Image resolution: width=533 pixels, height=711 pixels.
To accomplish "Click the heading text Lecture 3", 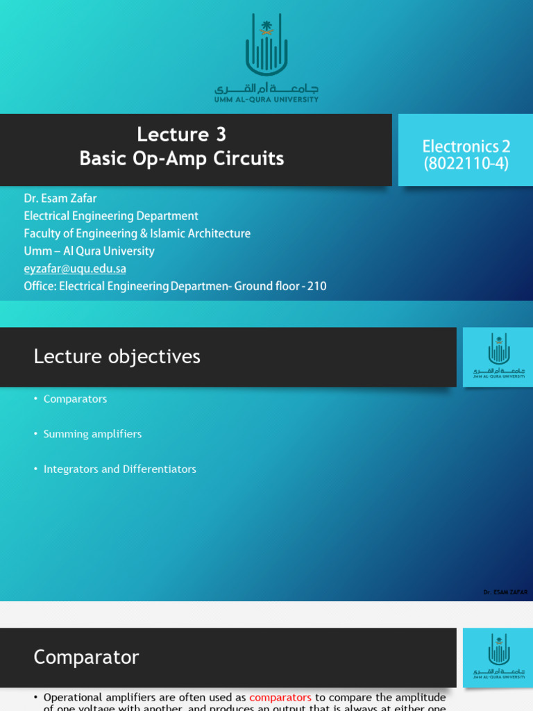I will [x=182, y=134].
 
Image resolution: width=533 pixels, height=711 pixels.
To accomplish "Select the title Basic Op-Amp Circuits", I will [x=182, y=159].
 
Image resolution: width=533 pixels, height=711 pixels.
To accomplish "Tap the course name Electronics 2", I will [x=466, y=146].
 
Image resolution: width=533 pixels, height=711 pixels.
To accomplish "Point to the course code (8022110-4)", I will [x=466, y=164].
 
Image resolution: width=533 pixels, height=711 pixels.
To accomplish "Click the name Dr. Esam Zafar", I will [x=60, y=199].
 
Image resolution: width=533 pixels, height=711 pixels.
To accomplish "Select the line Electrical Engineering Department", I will [x=111, y=216].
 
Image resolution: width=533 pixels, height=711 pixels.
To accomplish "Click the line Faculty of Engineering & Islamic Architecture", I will [x=137, y=233].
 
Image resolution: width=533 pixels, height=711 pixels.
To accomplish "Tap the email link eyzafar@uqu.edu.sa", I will [x=75, y=268].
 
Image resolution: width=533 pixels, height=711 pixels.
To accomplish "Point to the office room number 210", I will [x=316, y=286].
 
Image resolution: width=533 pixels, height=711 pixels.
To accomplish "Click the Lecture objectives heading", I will [x=117, y=357].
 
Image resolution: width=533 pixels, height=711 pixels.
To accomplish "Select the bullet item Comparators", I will [x=75, y=399].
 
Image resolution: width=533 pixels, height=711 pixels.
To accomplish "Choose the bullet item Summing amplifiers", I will [x=92, y=434].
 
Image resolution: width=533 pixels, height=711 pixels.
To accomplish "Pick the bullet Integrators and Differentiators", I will [x=119, y=469].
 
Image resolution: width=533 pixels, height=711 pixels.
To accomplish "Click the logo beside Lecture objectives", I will [x=498, y=357].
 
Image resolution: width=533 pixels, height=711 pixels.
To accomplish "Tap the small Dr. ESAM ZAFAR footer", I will [x=505, y=592].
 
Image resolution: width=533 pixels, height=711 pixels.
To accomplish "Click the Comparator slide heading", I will [x=86, y=657].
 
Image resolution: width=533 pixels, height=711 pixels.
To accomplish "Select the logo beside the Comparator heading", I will [x=498, y=657].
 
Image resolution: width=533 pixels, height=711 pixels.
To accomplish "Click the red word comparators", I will [x=280, y=697].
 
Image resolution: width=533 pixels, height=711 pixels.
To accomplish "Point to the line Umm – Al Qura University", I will [x=89, y=251].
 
